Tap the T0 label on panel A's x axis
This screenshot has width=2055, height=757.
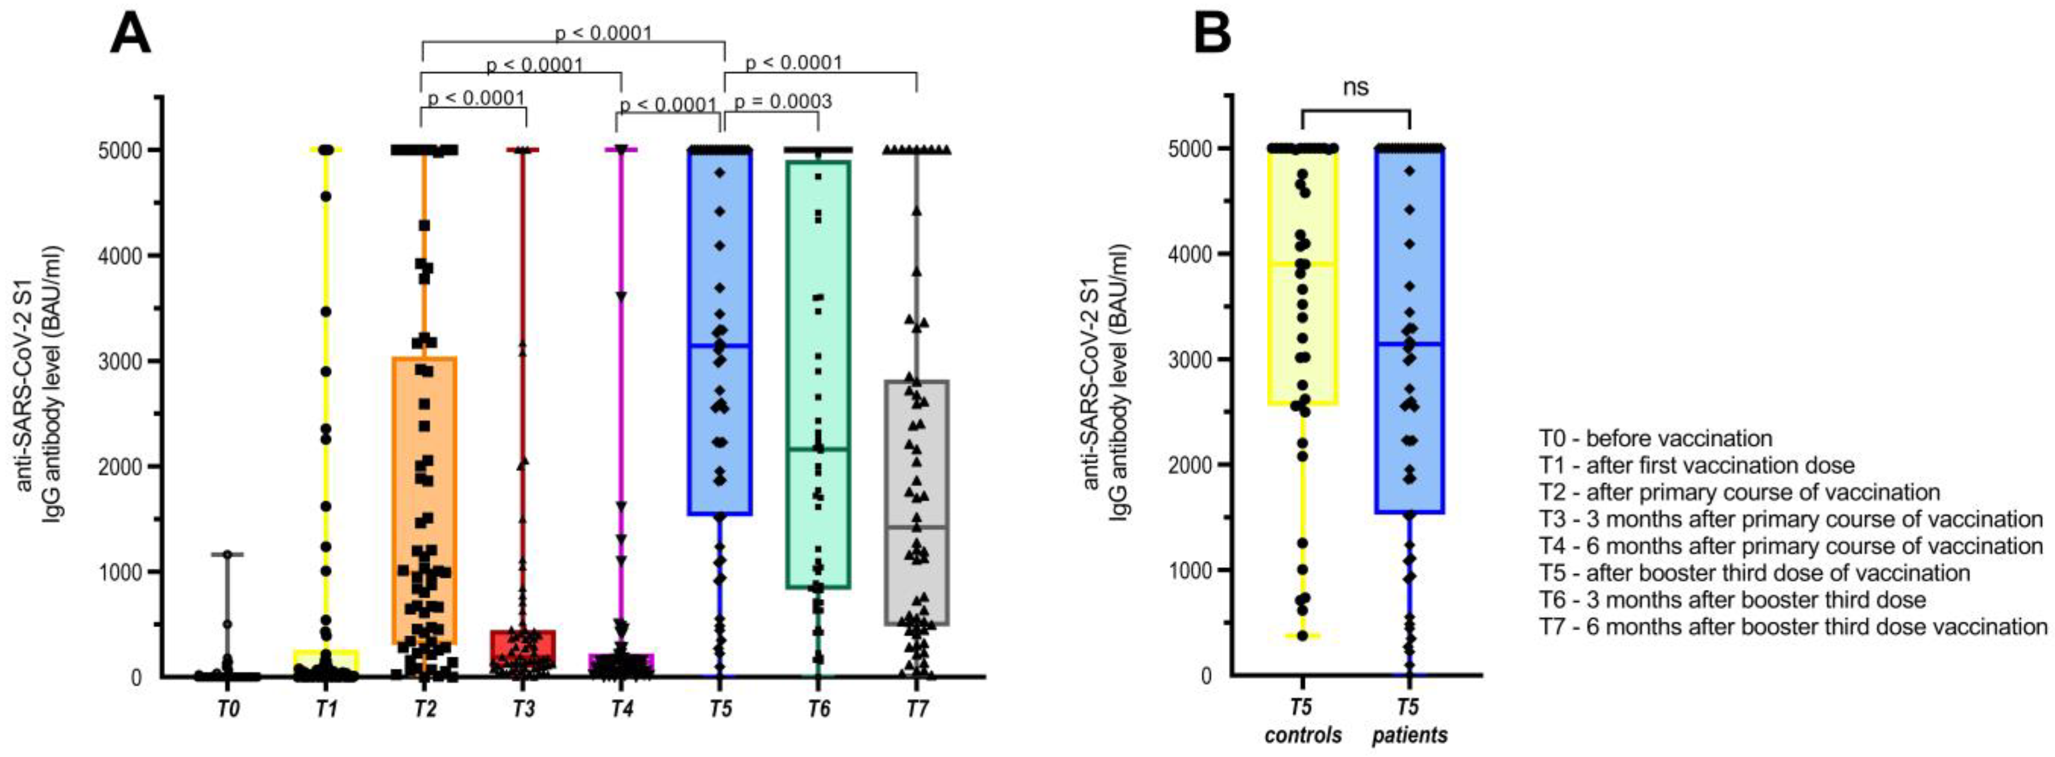click(228, 709)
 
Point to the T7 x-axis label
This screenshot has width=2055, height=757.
click(918, 709)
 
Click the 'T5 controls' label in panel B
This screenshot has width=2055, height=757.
click(1303, 720)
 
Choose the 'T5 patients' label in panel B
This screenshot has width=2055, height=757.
click(1410, 720)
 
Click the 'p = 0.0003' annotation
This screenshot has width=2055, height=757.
click(783, 102)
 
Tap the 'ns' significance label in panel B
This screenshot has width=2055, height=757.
click(1355, 87)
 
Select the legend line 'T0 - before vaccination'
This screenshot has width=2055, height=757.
click(1655, 439)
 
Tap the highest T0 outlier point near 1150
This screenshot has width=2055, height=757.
click(228, 553)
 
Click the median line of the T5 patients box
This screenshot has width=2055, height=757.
click(1410, 344)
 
